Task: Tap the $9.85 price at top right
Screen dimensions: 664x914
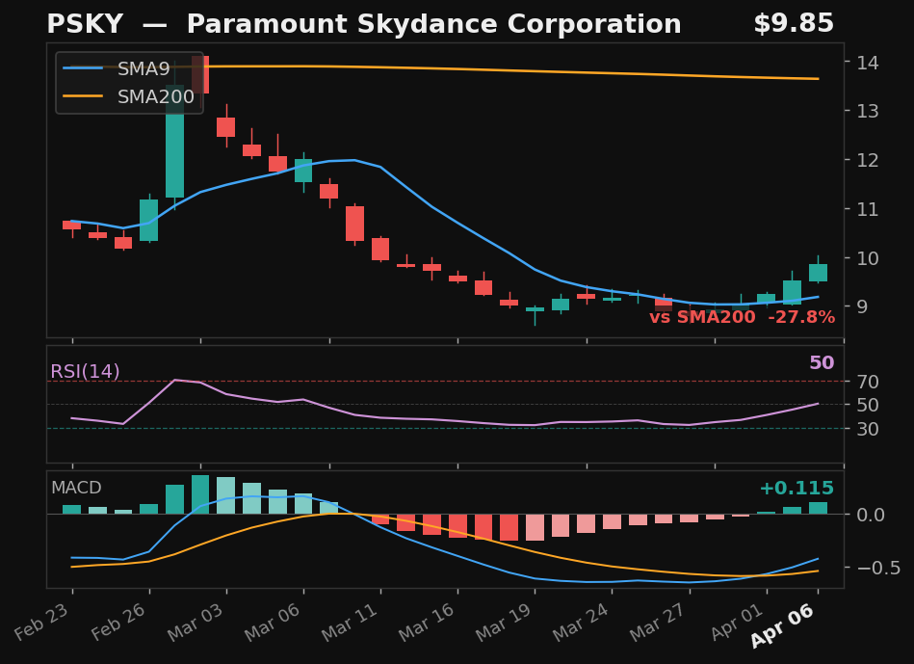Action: coord(794,24)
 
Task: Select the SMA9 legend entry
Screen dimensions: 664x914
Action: coord(144,68)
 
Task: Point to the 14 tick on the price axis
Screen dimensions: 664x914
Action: coord(864,63)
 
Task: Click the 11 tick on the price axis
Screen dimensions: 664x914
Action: coord(864,209)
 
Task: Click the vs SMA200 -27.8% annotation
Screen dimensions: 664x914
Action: coord(742,317)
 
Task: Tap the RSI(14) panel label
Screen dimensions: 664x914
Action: coord(85,371)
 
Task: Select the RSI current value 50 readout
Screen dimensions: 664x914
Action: coord(822,363)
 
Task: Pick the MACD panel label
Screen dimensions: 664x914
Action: coord(76,488)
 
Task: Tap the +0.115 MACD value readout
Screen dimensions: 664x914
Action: coord(796,489)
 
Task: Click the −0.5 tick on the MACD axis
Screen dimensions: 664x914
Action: coord(872,568)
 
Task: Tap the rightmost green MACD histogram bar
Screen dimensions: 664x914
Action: coord(818,508)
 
